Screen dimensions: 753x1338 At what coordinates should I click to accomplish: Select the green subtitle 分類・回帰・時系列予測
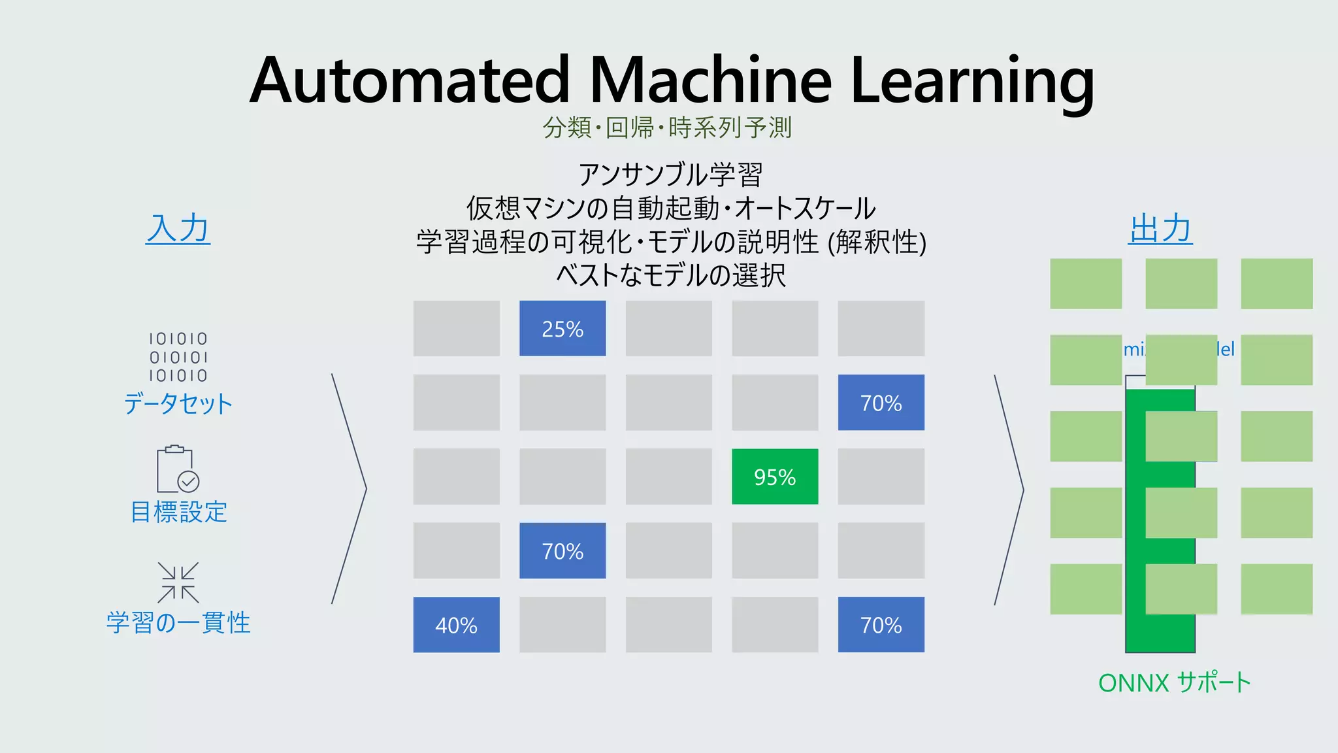pyautogui.click(x=668, y=127)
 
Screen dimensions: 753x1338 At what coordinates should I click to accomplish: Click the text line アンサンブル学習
pyautogui.click(x=670, y=175)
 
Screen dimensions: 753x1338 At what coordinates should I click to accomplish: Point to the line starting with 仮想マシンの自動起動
pyautogui.click(x=670, y=209)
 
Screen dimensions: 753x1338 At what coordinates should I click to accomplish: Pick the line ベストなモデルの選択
pyautogui.click(x=670, y=275)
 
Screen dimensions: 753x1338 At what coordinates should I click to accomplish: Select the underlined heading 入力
pyautogui.click(x=178, y=229)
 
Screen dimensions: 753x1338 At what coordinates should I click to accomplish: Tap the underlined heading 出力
pyautogui.click(x=1160, y=229)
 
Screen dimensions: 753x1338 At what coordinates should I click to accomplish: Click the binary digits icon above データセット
pyautogui.click(x=178, y=357)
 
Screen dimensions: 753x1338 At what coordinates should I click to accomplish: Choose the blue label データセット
pyautogui.click(x=178, y=403)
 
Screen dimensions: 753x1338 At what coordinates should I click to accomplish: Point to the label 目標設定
pyautogui.click(x=178, y=512)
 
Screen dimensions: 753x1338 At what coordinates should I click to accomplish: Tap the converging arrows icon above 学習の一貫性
pyautogui.click(x=178, y=582)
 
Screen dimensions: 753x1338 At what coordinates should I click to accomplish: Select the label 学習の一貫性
pyautogui.click(x=178, y=622)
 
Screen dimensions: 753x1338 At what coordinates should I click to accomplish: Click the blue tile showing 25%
pyautogui.click(x=563, y=329)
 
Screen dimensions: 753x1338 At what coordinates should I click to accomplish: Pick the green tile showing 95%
pyautogui.click(x=775, y=477)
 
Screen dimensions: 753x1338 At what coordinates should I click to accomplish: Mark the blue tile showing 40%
pyautogui.click(x=456, y=625)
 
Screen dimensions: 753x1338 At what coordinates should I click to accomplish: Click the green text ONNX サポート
pyautogui.click(x=1175, y=683)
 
